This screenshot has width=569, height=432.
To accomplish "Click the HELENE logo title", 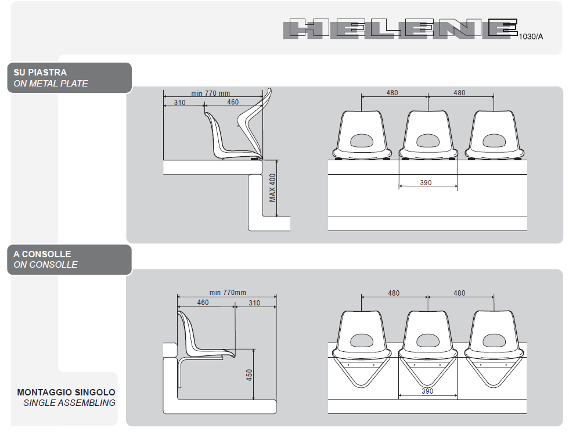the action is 400,28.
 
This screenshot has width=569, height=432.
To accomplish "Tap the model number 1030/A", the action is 531,37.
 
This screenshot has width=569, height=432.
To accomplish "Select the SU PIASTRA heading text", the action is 40,72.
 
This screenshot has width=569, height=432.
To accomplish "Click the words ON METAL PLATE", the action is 51,84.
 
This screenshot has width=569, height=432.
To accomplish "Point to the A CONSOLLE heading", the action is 42,254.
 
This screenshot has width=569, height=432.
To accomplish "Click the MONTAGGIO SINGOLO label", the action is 66,392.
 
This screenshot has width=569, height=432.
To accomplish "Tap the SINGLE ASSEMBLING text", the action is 69,402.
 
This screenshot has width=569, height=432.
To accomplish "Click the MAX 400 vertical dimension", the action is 272,188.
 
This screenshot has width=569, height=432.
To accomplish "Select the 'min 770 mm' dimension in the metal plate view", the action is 210,93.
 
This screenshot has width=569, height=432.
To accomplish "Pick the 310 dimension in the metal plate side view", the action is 179,102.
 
